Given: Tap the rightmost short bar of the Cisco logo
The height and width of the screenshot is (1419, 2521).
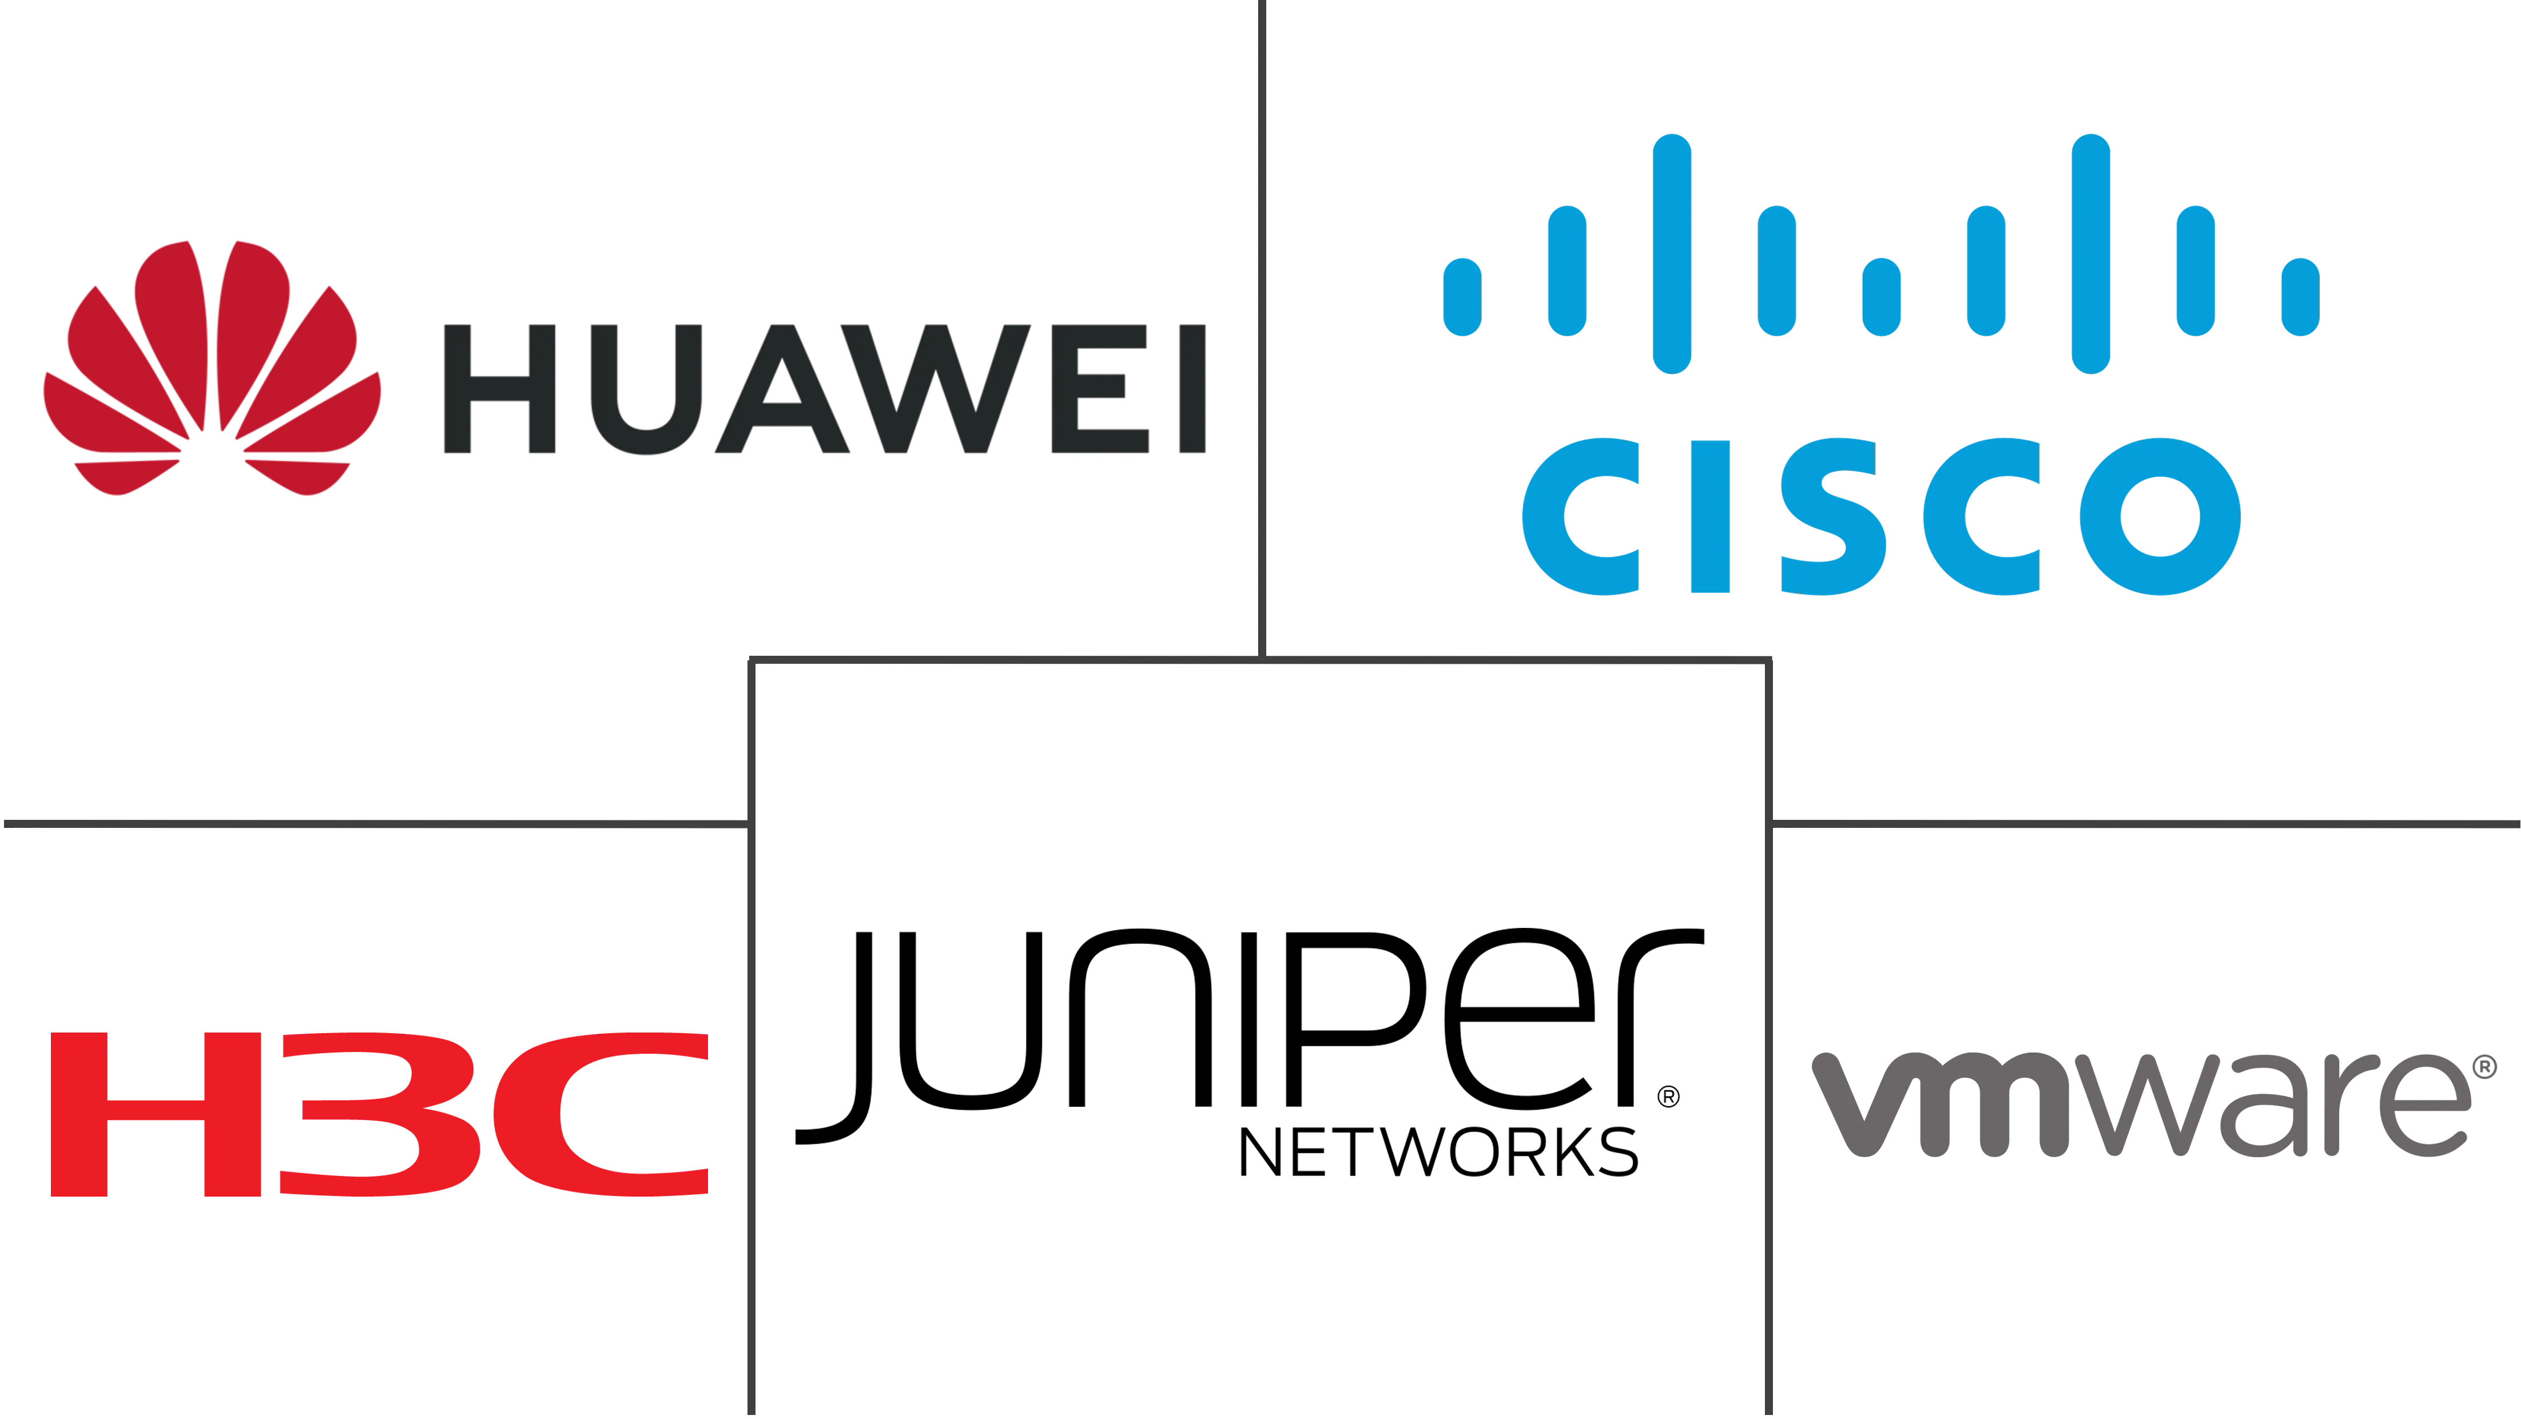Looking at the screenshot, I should tap(2302, 297).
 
